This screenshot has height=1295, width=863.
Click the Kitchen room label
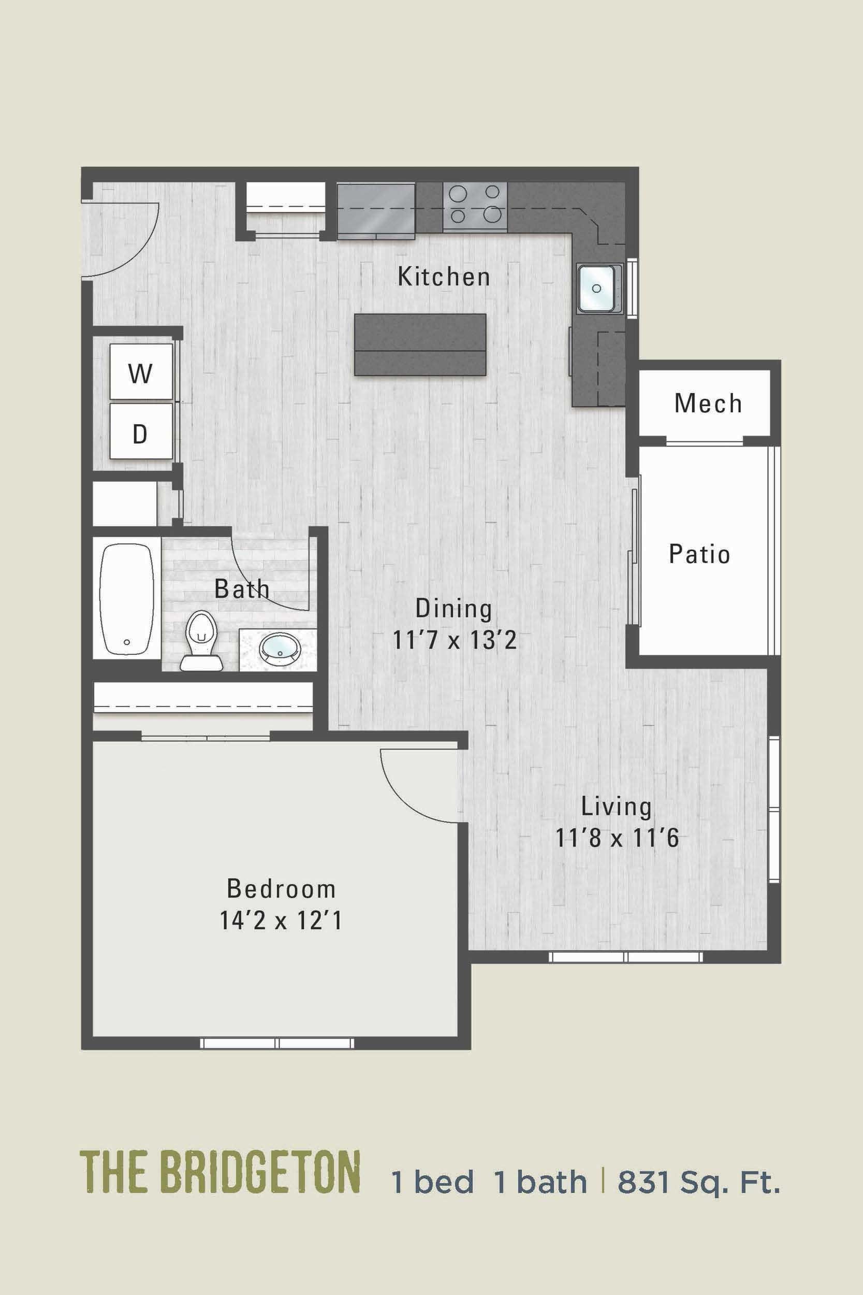coord(444,277)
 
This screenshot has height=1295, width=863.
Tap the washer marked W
coord(141,374)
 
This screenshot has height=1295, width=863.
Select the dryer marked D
coord(141,434)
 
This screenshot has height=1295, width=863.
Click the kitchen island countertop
coord(420,344)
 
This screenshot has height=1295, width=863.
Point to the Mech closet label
coord(708,404)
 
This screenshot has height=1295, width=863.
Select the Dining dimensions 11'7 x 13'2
coord(454,640)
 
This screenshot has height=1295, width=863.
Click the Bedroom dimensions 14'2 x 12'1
coord(281,920)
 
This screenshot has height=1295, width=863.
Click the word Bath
coord(242,589)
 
